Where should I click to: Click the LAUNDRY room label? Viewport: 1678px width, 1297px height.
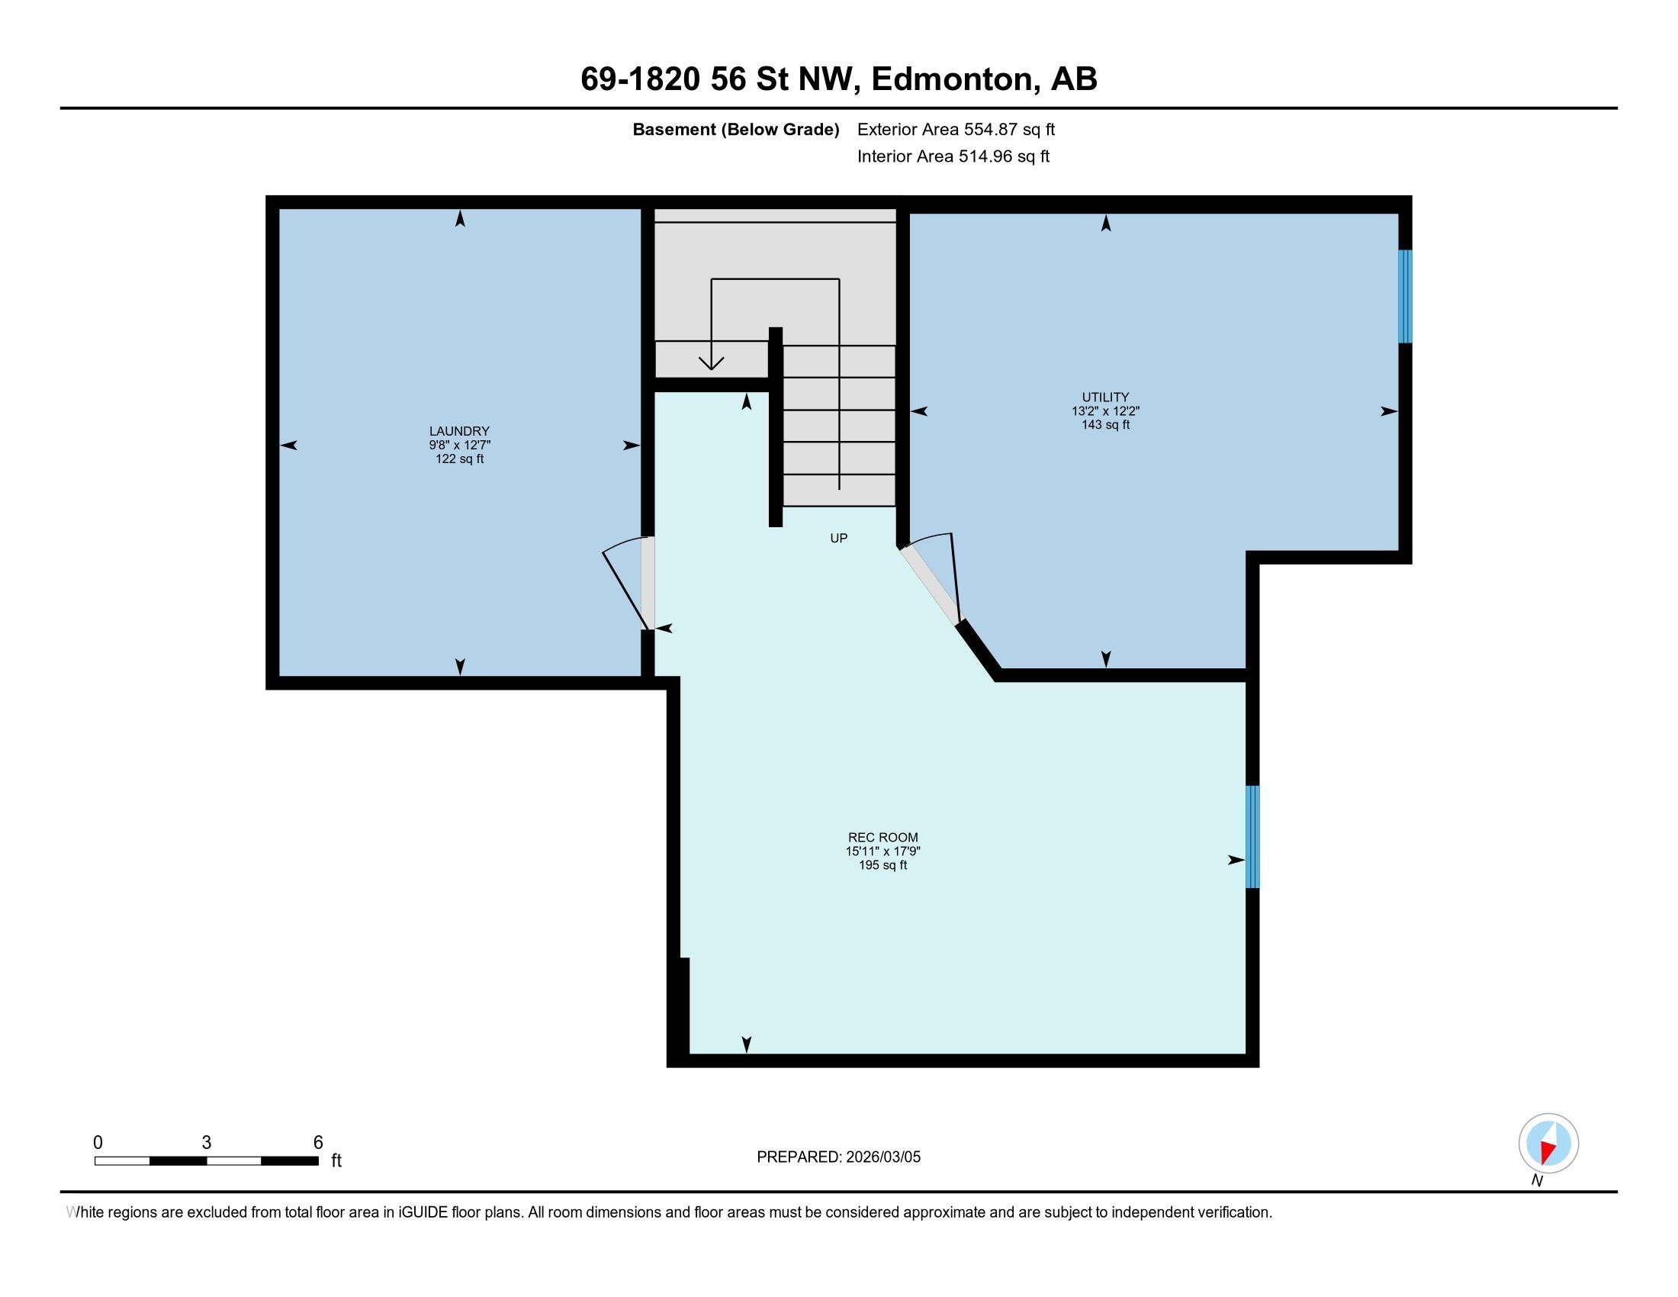pos(459,431)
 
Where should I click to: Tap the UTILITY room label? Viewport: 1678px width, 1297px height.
pos(1106,397)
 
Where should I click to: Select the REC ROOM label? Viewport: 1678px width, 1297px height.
pos(882,838)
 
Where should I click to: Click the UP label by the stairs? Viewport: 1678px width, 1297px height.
pos(839,539)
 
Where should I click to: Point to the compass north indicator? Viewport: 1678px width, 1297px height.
pos(1548,1144)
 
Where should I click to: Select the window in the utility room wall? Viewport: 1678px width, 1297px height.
pos(1405,297)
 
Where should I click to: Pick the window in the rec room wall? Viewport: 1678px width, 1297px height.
pos(1252,837)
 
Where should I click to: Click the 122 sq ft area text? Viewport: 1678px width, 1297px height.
pos(459,459)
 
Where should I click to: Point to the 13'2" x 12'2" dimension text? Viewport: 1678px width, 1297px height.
pos(1106,411)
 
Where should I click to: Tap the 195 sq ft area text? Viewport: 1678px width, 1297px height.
pos(882,865)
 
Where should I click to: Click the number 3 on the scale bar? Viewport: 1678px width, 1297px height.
pos(207,1143)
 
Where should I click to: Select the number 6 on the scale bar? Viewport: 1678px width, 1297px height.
pos(318,1143)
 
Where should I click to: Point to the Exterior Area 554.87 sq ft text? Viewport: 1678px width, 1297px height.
pos(956,130)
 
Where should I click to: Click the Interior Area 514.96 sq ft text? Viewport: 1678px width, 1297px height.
pos(953,156)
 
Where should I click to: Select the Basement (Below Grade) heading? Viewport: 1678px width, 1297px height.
pos(735,130)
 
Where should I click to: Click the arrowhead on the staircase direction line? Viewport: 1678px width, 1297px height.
pos(712,362)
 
